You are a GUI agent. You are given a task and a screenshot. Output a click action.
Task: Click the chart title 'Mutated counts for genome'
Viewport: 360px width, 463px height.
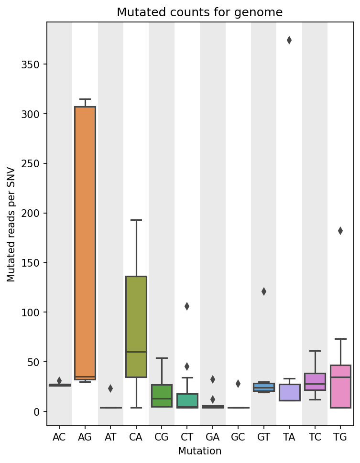[200, 12]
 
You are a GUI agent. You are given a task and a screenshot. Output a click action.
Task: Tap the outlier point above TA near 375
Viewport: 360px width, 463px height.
[289, 40]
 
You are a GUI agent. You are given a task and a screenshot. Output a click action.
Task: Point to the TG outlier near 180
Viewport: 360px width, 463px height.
[340, 231]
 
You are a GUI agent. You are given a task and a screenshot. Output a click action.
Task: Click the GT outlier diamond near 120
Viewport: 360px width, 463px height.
[264, 291]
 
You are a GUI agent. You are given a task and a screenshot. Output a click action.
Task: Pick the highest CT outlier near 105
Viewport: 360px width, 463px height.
[187, 306]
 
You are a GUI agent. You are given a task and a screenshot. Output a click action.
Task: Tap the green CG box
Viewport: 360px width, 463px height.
[162, 396]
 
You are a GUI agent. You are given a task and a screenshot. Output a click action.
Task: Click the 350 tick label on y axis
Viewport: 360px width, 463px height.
[30, 65]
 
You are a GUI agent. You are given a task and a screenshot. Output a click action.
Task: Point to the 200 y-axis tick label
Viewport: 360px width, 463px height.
[30, 213]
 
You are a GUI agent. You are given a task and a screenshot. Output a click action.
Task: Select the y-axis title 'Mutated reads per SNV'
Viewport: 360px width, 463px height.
[11, 225]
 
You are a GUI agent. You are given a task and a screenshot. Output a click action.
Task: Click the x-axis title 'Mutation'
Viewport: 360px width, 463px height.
[200, 451]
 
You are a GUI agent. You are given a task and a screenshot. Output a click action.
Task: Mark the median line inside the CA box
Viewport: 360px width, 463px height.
[136, 352]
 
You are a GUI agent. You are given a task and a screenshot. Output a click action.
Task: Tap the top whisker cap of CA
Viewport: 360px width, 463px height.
[136, 220]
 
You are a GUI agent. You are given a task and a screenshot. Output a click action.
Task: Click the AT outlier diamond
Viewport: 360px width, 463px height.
[110, 388]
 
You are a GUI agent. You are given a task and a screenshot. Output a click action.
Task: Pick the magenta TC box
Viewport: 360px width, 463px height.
[315, 381]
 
